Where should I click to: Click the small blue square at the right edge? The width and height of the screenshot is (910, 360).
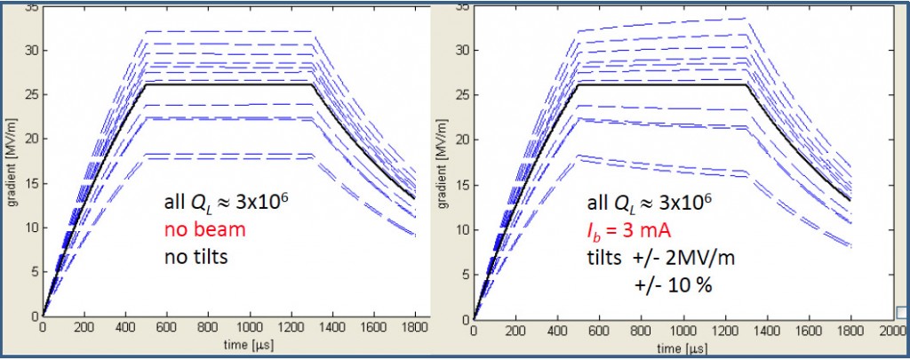902,312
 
